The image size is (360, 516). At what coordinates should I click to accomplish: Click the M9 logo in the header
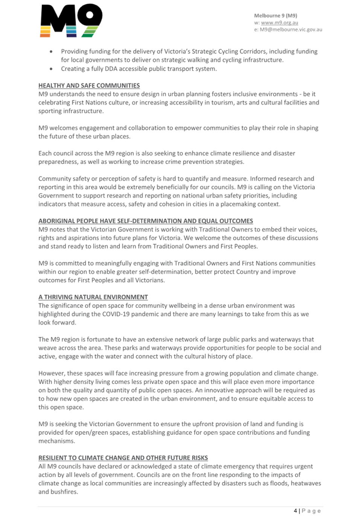[x=71, y=21]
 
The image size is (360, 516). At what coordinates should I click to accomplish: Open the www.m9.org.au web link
[x=279, y=23]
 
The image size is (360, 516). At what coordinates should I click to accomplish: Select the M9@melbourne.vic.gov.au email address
[x=291, y=29]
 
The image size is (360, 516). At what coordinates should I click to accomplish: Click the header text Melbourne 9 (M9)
[x=276, y=15]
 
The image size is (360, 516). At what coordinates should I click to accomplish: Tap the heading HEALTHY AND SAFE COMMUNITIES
[x=89, y=86]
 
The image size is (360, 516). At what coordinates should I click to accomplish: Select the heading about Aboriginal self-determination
[x=146, y=221]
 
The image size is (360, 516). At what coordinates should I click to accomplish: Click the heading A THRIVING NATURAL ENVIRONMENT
[x=93, y=297]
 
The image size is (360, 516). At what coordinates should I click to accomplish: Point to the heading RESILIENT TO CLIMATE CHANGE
[x=123, y=458]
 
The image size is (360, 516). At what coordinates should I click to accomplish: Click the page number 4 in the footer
[x=296, y=511]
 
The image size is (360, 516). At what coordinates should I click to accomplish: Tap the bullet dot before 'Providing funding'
[x=51, y=52]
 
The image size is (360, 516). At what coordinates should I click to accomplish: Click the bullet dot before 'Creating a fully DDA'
[x=51, y=69]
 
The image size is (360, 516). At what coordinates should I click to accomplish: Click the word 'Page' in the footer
[x=311, y=511]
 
